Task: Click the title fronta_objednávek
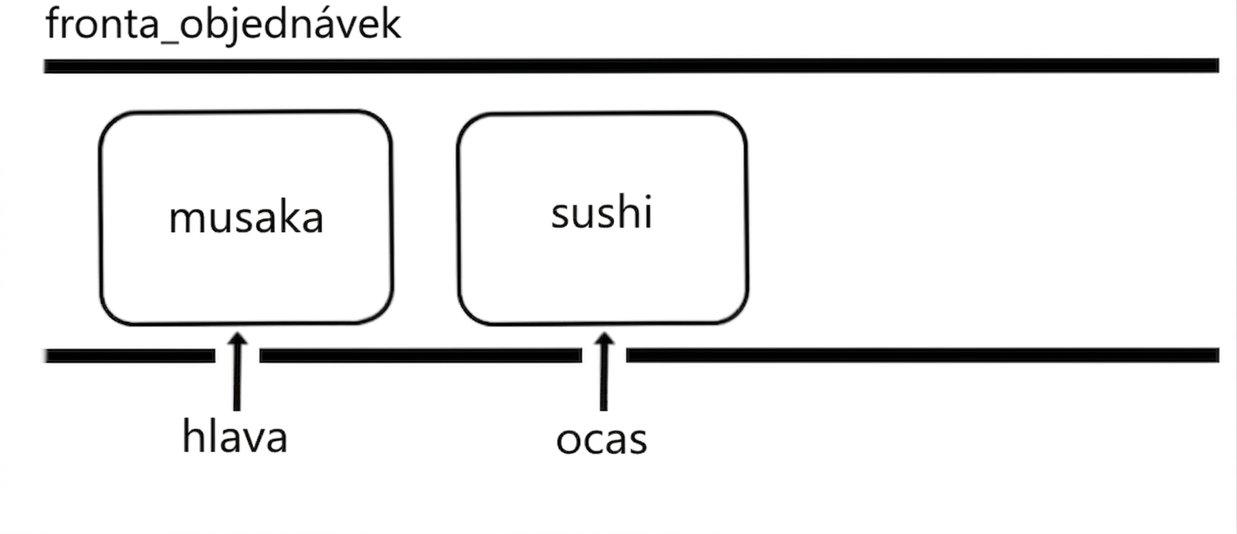tap(223, 25)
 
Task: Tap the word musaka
tap(246, 217)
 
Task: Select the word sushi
tap(602, 211)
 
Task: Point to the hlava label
tap(235, 435)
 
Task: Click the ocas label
tap(601, 440)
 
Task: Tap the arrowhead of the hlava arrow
tap(238, 339)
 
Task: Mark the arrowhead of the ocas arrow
tap(605, 339)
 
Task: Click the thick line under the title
tap(631, 66)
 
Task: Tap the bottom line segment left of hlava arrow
tap(130, 356)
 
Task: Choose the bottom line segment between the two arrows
tap(421, 356)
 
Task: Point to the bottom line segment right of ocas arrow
tap(923, 355)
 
